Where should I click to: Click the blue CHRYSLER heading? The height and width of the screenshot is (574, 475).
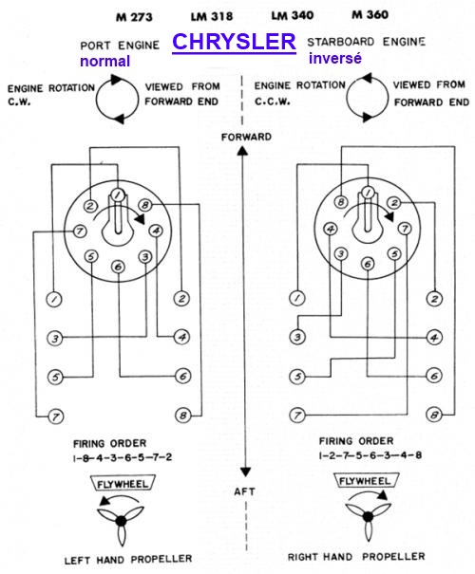[234, 41]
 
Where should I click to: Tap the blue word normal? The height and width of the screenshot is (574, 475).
[105, 61]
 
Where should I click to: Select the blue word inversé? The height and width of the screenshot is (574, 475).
[335, 58]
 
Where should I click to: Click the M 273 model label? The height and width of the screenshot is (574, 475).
[134, 17]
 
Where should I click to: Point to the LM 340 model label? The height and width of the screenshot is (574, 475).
[292, 15]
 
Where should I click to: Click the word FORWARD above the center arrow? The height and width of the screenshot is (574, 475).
[246, 137]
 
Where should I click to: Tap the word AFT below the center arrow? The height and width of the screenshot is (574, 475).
[244, 491]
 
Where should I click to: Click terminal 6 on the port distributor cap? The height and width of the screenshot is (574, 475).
[118, 267]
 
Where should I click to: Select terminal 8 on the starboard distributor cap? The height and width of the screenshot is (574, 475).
[341, 202]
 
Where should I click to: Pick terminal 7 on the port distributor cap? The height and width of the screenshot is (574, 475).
[80, 231]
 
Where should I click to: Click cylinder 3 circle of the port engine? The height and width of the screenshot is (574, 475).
[55, 338]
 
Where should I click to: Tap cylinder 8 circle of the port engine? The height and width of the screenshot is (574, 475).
[183, 416]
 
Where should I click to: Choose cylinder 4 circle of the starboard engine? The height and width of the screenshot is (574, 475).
[434, 337]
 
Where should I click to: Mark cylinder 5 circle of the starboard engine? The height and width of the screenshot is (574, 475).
[297, 377]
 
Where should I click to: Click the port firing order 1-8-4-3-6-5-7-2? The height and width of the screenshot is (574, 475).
[123, 457]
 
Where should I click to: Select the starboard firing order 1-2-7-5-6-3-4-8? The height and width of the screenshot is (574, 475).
[370, 455]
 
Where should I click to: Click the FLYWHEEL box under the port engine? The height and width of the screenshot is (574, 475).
[123, 484]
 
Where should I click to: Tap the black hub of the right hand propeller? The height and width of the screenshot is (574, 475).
[368, 516]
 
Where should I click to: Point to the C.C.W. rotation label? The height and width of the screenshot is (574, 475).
[273, 102]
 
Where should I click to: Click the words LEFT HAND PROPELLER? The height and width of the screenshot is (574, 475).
[128, 560]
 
